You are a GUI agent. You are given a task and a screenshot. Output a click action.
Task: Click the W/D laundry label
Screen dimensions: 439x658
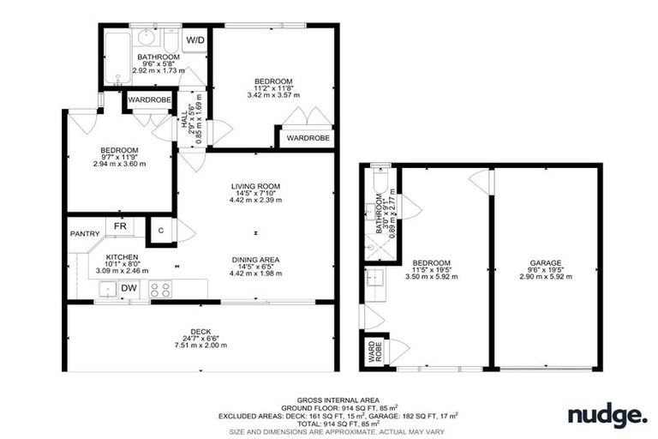click(x=195, y=40)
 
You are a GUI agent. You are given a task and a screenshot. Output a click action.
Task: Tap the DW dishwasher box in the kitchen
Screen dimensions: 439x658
click(x=129, y=288)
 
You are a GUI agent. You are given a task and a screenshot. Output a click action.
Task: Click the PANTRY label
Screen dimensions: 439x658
click(x=84, y=233)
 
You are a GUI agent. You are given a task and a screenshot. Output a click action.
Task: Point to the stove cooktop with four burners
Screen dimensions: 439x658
click(x=160, y=289)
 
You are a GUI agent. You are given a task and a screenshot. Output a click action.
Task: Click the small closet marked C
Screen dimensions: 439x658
click(x=160, y=230)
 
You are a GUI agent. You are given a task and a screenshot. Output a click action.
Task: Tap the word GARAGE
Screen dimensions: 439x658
click(x=546, y=263)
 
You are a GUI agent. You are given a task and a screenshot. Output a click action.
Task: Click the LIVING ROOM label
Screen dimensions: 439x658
click(x=255, y=186)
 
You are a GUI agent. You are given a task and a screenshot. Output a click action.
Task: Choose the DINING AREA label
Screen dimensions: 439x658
click(x=255, y=260)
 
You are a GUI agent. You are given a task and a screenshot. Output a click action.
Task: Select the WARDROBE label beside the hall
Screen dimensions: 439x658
click(x=147, y=100)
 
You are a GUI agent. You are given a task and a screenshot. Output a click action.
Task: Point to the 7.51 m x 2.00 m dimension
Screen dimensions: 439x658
click(x=201, y=345)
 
